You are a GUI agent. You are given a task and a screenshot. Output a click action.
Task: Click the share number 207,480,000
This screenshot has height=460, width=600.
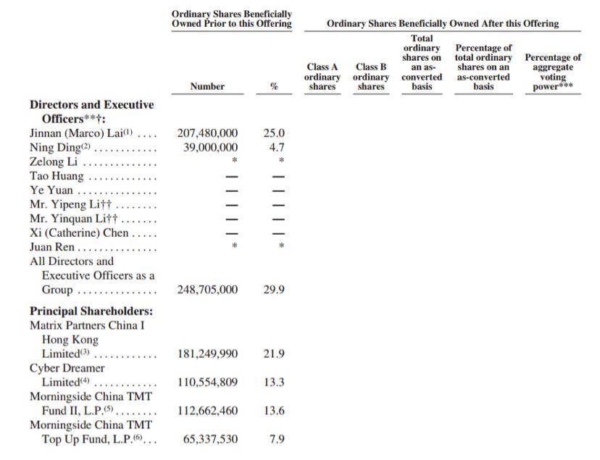click(x=207, y=133)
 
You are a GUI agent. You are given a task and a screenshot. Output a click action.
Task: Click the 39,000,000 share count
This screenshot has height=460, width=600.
click(x=207, y=148)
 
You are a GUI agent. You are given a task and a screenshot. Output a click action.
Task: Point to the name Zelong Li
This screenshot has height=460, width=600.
click(x=54, y=162)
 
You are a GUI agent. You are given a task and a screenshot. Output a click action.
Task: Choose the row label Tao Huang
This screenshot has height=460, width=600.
click(x=57, y=176)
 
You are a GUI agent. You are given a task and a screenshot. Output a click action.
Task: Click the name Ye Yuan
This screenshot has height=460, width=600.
click(x=51, y=191)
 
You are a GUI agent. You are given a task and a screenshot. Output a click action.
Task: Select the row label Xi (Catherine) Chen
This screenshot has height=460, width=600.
click(x=79, y=233)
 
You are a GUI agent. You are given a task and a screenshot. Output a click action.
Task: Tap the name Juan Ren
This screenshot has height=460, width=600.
click(x=52, y=247)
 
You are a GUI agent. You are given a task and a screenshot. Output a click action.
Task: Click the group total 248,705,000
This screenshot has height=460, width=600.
click(x=207, y=290)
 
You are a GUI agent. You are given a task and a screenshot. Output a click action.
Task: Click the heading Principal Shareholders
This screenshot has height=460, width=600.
click(x=91, y=311)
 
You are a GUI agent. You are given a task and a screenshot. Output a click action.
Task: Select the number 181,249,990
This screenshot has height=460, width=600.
click(x=207, y=354)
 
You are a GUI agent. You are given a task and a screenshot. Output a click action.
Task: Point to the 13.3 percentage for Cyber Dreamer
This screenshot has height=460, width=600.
click(x=274, y=382)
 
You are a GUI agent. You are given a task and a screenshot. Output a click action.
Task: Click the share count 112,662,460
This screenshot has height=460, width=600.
click(x=207, y=411)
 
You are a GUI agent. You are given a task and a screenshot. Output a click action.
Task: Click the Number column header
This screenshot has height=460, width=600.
click(x=207, y=86)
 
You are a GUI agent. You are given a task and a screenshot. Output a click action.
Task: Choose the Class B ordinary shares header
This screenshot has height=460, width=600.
click(x=371, y=77)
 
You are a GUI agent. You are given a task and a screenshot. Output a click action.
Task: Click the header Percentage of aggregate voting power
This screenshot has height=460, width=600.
click(x=553, y=72)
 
